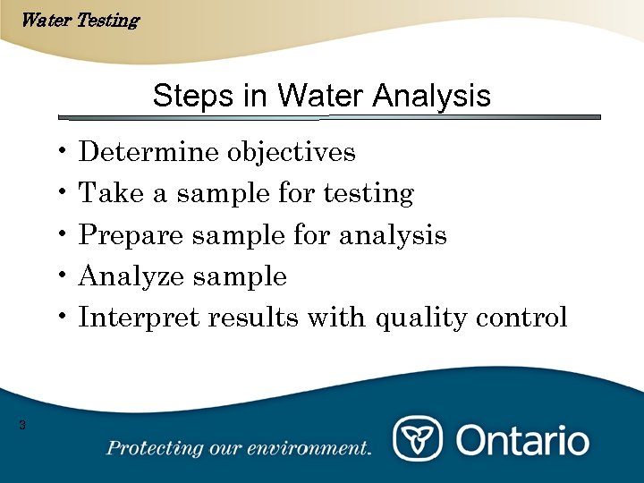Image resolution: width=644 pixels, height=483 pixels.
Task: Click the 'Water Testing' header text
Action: [x=79, y=20]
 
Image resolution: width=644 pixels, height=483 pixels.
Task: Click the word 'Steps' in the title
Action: [x=184, y=96]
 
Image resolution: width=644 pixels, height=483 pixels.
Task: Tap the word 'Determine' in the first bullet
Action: [x=148, y=152]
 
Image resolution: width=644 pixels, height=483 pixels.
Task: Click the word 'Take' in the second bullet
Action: [x=105, y=193]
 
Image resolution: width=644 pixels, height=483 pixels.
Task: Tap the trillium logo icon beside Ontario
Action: [x=418, y=440]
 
